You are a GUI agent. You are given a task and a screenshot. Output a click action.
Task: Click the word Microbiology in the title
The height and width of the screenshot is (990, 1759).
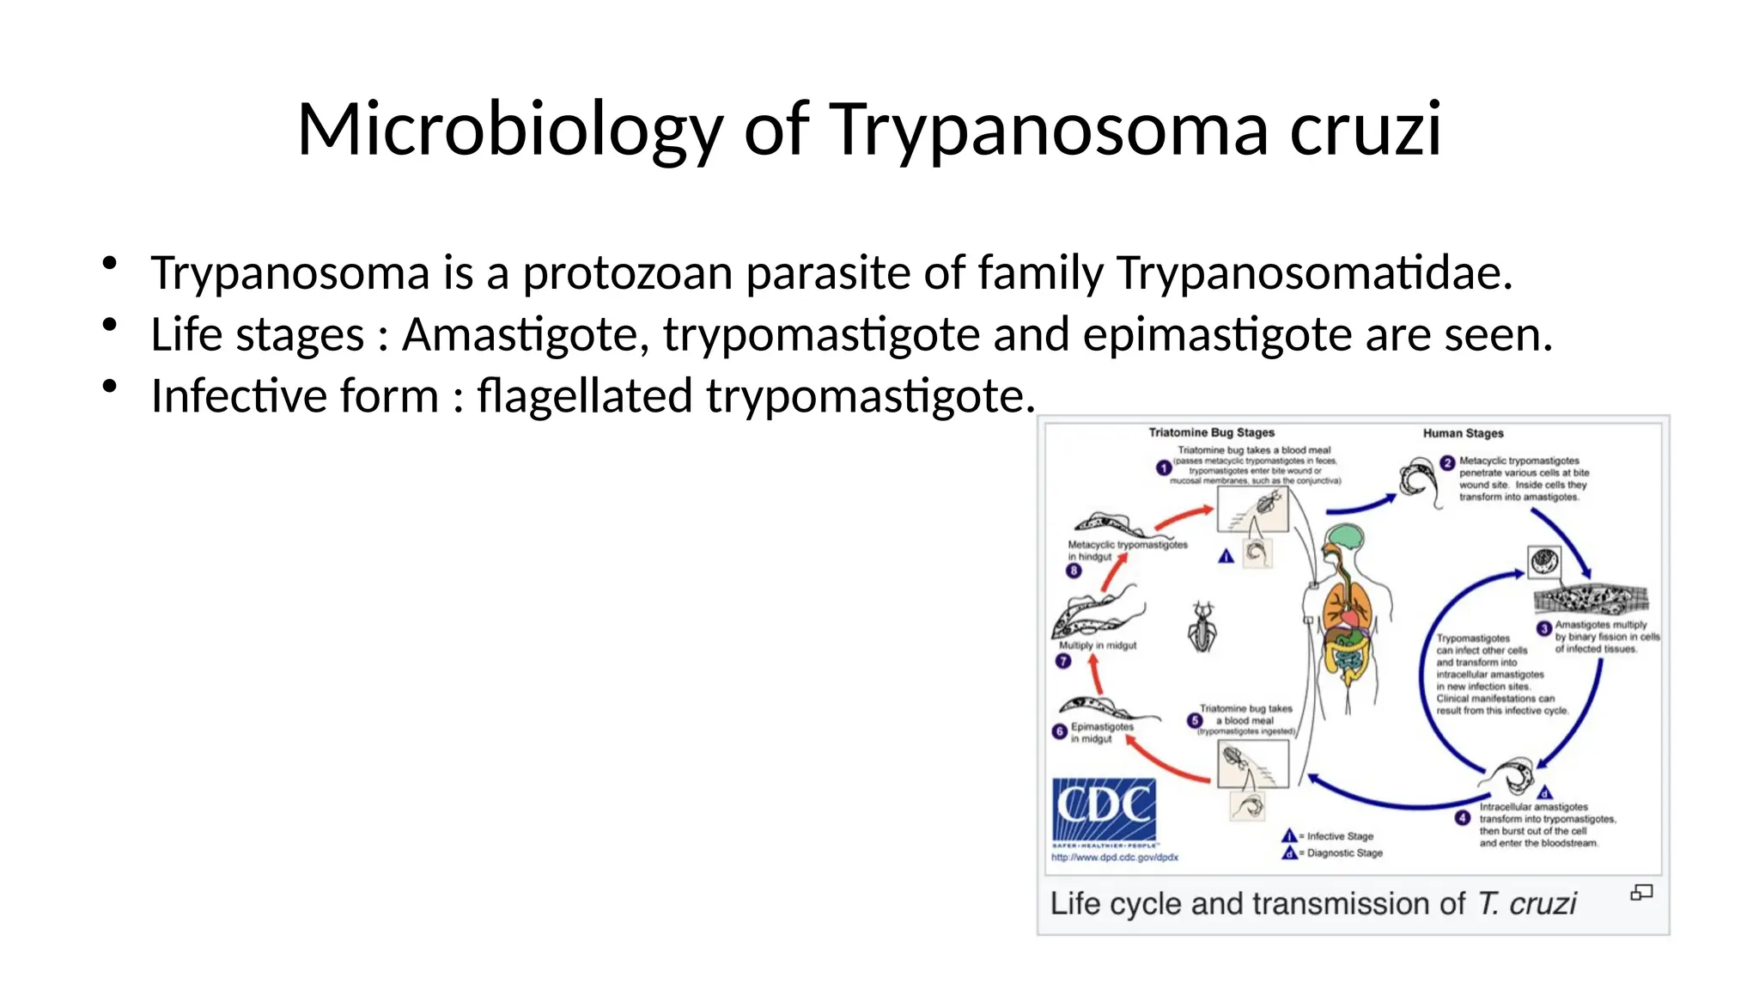[x=510, y=130]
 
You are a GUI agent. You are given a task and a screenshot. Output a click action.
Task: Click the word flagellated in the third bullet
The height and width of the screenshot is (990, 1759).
[x=584, y=396]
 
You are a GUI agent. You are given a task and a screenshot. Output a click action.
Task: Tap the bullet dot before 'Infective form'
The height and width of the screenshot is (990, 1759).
[x=109, y=388]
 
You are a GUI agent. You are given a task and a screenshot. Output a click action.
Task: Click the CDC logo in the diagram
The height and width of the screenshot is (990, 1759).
[x=1104, y=810]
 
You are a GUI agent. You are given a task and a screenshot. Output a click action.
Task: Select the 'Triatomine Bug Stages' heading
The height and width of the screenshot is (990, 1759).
[x=1211, y=433]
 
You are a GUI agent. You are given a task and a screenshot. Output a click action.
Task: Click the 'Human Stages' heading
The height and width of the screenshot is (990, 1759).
[x=1463, y=434]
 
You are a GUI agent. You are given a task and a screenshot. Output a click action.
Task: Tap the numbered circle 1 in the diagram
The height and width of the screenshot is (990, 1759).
[x=1164, y=468]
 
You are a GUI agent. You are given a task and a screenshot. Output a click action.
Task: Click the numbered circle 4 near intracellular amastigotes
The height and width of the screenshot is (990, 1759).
[x=1463, y=818]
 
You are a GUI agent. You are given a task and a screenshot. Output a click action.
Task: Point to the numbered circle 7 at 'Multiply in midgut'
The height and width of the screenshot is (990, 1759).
[x=1063, y=662]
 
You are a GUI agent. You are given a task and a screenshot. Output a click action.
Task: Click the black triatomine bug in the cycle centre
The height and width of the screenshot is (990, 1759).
[x=1202, y=627]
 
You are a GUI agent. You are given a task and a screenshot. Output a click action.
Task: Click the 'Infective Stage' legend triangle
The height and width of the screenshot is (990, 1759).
[x=1288, y=836]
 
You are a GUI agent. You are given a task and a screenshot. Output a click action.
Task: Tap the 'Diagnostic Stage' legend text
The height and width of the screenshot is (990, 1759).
[x=1344, y=853]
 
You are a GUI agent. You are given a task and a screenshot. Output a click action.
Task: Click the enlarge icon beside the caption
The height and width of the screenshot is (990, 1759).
[x=1640, y=894]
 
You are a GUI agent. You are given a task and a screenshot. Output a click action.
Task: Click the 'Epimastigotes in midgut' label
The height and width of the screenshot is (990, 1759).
[x=1101, y=733]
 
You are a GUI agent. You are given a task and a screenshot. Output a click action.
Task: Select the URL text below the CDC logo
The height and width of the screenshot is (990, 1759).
[x=1114, y=858]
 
